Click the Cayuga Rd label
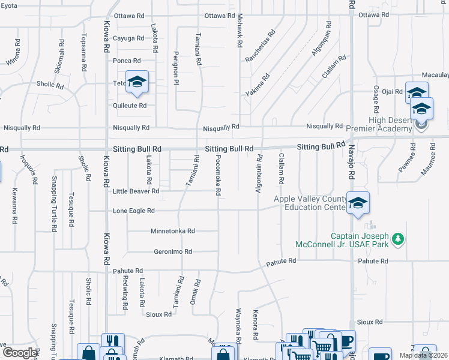click(128, 38)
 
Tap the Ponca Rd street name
click(127, 61)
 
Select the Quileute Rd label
click(130, 106)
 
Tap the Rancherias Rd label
click(259, 46)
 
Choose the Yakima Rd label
click(258, 85)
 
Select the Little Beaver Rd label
click(136, 191)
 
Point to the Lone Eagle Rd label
click(134, 211)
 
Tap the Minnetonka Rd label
click(173, 230)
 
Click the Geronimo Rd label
click(173, 251)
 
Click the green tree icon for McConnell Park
click(397, 240)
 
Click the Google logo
click(19, 353)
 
